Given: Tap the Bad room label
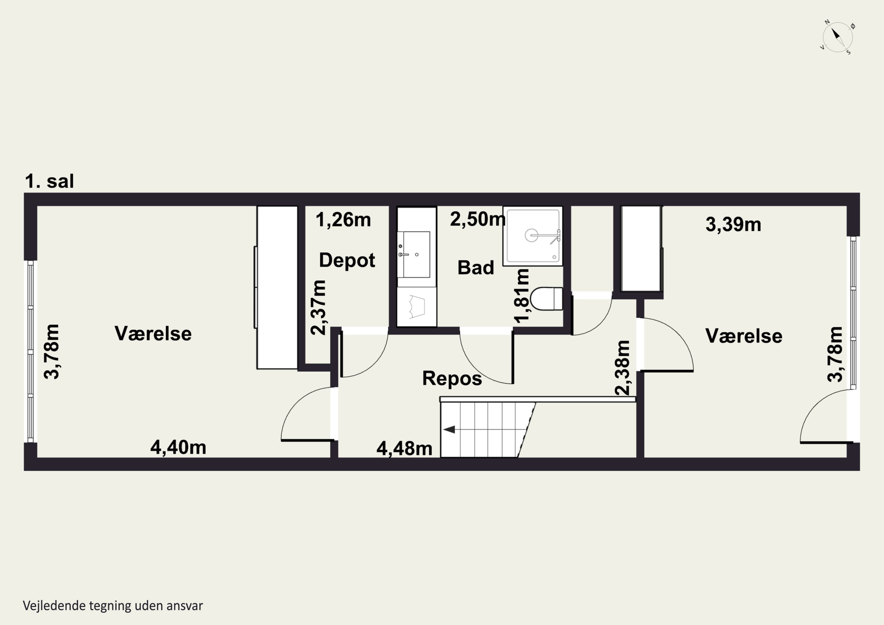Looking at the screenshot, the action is pyautogui.click(x=476, y=268).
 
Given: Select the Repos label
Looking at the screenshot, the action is pyautogui.click(x=452, y=379).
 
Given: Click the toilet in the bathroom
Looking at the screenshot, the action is pyautogui.click(x=546, y=299).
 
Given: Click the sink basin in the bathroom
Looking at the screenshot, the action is pyautogui.click(x=414, y=254).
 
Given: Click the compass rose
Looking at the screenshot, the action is pyautogui.click(x=837, y=38).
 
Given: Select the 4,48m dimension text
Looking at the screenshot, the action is pyautogui.click(x=404, y=448).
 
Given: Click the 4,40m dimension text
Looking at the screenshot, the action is pyautogui.click(x=178, y=448).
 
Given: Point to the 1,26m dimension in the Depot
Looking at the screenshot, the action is pyautogui.click(x=343, y=220).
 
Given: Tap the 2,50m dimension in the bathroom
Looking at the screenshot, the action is pyautogui.click(x=477, y=219).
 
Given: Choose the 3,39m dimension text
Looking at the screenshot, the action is pyautogui.click(x=733, y=225).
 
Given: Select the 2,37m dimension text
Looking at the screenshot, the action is pyautogui.click(x=319, y=307).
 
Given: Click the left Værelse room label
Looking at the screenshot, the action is pyautogui.click(x=153, y=334).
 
